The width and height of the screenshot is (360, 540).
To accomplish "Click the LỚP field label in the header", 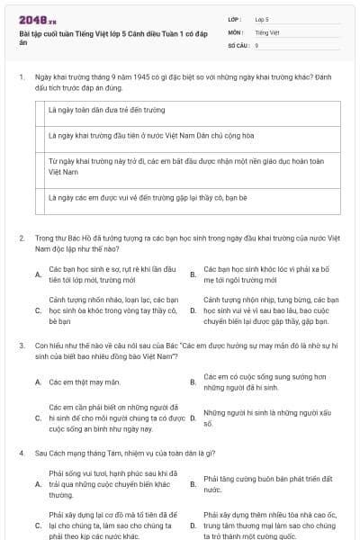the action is [235, 18].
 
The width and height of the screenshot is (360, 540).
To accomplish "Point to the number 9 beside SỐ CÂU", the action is [257, 44].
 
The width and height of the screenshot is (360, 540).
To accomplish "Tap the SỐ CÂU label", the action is [238, 44].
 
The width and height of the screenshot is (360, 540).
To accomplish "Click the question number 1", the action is [21, 78].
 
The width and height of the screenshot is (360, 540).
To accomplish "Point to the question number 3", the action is [21, 345].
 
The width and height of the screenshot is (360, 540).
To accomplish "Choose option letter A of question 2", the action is [38, 274].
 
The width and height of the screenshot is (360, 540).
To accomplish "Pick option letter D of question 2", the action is [193, 310].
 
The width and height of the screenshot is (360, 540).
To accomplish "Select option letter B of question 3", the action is [193, 382].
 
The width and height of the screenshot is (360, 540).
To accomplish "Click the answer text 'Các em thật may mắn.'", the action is [85, 382].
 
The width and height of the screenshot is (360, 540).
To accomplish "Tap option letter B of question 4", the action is [193, 484].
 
